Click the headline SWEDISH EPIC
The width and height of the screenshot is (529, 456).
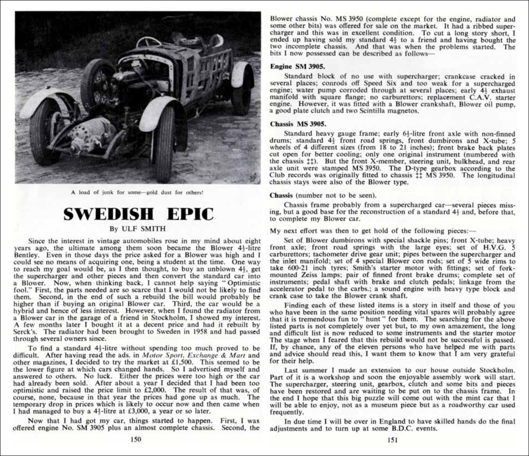click(138, 214)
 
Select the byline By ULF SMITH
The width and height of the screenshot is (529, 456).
click(138, 229)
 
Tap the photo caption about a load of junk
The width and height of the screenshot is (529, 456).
click(138, 193)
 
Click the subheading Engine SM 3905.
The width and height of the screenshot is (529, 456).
click(297, 66)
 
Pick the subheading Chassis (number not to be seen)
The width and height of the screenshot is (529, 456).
click(323, 195)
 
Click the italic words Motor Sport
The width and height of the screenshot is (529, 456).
click(159, 356)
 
